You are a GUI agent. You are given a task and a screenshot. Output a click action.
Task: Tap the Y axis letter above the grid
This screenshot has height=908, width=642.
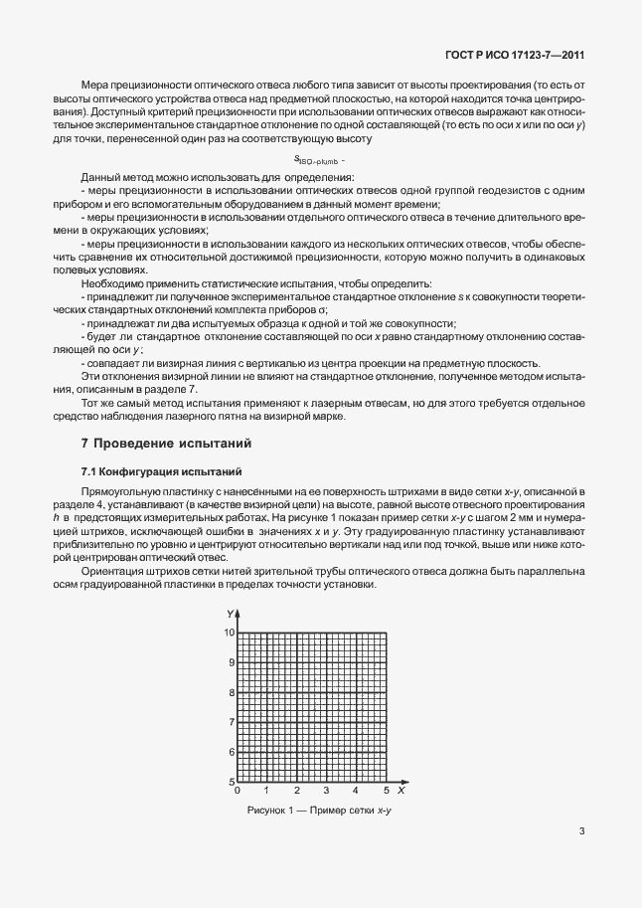click(230, 613)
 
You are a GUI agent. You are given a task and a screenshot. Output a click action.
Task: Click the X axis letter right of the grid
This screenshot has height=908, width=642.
click(401, 791)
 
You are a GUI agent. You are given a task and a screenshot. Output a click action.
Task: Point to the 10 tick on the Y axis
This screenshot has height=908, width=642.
click(228, 634)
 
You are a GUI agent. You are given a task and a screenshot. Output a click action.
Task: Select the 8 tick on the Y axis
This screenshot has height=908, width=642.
click(231, 692)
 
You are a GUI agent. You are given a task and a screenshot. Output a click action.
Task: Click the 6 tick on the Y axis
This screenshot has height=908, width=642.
click(231, 752)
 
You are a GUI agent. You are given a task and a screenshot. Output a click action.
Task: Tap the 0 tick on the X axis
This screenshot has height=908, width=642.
click(237, 791)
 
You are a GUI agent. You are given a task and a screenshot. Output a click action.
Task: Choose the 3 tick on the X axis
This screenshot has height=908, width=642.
click(327, 791)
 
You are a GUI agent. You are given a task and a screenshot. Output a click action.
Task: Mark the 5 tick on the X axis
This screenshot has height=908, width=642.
click(387, 791)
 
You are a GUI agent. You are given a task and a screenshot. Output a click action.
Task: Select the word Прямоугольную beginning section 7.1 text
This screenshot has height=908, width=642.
click(117, 491)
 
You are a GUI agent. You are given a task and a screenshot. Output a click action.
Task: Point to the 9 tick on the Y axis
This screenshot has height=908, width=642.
click(231, 662)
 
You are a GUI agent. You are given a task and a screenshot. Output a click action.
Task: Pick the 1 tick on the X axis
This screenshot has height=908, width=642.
click(267, 791)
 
